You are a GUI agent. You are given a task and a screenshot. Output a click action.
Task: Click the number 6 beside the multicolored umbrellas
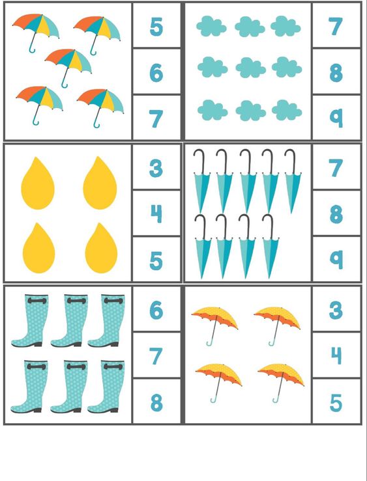point(156,73)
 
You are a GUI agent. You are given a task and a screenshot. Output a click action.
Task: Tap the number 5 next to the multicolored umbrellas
point(156,27)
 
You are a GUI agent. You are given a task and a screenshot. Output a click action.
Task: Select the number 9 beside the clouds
point(336,118)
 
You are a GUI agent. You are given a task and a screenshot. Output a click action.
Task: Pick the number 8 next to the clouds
point(336,73)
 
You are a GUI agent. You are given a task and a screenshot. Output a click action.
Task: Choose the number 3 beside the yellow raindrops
point(156,169)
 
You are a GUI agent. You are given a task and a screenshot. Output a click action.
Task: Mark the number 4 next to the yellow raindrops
point(156,214)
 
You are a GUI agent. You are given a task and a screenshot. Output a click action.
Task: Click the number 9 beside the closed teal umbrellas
point(336,260)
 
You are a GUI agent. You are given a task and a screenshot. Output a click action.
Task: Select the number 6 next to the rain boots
point(156,310)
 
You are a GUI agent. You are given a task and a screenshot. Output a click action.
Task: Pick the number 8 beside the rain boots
point(156,402)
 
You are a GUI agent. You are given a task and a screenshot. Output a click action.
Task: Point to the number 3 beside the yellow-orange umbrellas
point(336,310)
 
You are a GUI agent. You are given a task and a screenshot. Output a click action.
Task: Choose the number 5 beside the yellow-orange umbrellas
point(336,402)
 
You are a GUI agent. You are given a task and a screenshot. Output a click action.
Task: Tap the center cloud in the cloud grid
point(250,68)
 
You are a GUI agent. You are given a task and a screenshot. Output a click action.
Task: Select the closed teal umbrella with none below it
point(293,181)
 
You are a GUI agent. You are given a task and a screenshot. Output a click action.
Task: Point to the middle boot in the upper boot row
point(70,321)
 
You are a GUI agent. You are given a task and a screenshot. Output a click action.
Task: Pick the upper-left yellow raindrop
point(38,184)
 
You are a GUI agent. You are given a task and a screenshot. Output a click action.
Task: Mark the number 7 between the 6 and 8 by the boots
point(156,356)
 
